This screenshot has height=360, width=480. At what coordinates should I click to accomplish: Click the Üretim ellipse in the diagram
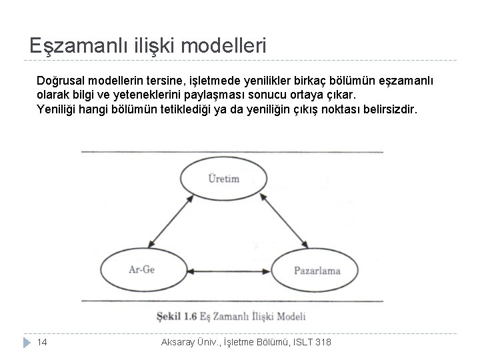224,179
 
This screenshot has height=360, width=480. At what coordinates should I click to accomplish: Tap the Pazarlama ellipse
317,270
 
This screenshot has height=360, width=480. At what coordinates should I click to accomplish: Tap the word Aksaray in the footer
181,341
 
